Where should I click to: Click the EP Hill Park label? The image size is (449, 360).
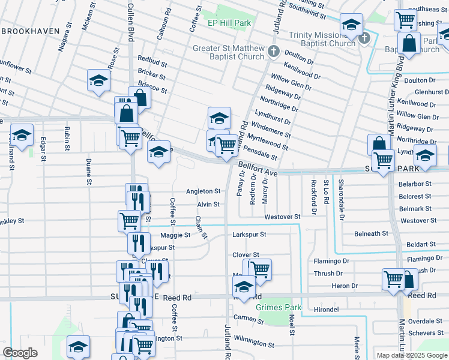pos(228,23)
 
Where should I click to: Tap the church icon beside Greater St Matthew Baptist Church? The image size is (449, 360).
pos(274,50)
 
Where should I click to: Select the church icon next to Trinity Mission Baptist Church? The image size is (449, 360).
pos(364,40)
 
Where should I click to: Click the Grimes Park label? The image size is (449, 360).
pos(278,307)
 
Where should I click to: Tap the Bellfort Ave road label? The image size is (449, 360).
pos(258,167)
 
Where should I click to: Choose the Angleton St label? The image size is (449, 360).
pos(203,191)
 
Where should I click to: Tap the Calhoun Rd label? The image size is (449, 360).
pos(160,24)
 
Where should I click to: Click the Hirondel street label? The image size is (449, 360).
pos(327,310)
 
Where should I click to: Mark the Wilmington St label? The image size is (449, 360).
pos(254,342)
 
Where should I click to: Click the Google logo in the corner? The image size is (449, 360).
pos(20,353)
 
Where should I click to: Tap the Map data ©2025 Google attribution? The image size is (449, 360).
pos(412,355)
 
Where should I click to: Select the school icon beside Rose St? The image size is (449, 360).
pos(98,81)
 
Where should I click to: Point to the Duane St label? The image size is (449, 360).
pos(88,171)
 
